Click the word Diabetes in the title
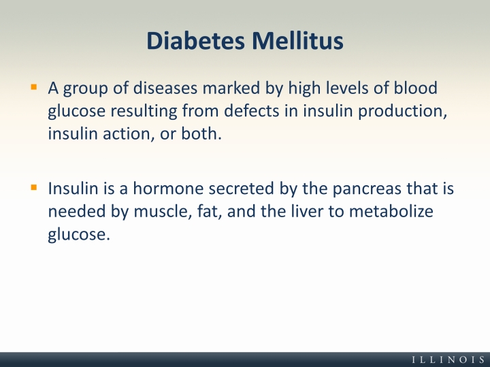[195, 41]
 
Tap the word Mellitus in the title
[297, 41]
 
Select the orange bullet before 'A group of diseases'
[34, 86]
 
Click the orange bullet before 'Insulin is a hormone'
[34, 187]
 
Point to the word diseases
[165, 88]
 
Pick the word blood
[415, 88]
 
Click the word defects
[252, 111]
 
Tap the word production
[402, 112]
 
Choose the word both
[201, 133]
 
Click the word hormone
[169, 189]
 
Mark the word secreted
[241, 189]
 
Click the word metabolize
[391, 211]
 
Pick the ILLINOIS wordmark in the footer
[448, 360]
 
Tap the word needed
[77, 211]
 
